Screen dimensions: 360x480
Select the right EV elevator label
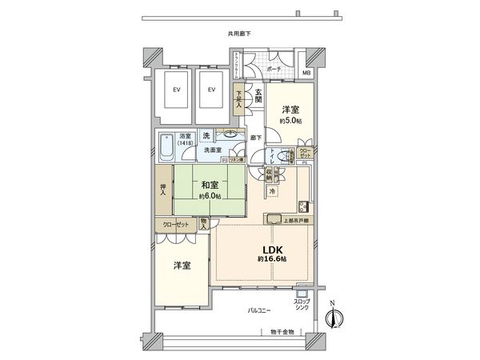click(211, 89)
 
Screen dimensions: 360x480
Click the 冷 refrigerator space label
click(272, 192)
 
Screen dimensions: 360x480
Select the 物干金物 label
click(282, 331)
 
